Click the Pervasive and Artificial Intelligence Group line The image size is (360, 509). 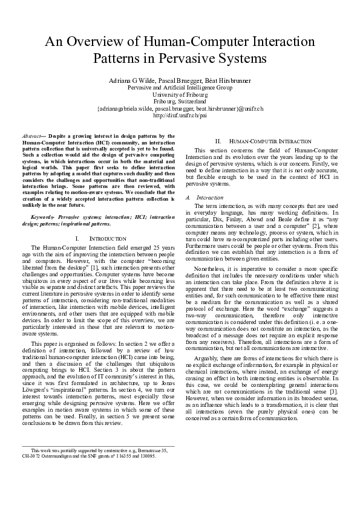(180, 88)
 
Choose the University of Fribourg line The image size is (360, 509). (180, 95)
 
